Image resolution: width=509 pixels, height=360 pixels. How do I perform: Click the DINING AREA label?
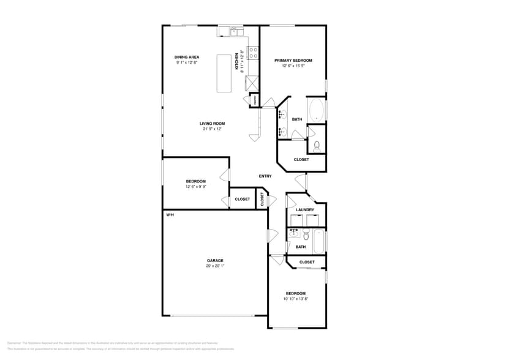(x=187, y=57)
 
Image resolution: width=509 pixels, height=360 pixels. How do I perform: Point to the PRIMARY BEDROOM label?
(x=293, y=61)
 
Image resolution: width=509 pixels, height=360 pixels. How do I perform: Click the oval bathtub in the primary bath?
(x=316, y=110)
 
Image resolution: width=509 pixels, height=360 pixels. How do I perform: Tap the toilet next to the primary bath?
(x=317, y=146)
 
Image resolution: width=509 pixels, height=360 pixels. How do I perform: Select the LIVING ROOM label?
(x=212, y=124)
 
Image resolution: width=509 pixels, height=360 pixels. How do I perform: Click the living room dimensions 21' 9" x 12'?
(x=212, y=129)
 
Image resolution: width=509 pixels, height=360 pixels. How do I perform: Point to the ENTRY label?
(x=265, y=176)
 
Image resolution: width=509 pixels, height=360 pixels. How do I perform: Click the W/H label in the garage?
(x=170, y=215)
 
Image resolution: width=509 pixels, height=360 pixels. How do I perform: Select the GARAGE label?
(x=214, y=261)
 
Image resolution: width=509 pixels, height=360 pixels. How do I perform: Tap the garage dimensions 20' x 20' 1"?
(x=214, y=266)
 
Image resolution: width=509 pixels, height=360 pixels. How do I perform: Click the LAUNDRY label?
(x=305, y=210)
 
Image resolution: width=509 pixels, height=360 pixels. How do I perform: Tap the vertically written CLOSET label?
(x=262, y=199)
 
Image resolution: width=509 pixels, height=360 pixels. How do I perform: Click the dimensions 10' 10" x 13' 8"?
(x=296, y=299)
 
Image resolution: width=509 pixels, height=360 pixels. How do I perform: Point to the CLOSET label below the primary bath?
(x=301, y=160)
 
